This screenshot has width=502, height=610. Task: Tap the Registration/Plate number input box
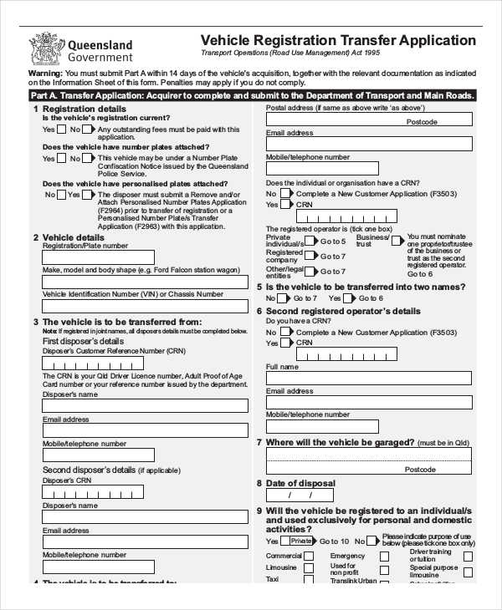pyautogui.click(x=98, y=257)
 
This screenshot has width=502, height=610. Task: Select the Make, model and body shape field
pyautogui.click(x=145, y=282)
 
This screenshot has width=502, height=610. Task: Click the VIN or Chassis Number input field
pyautogui.click(x=145, y=305)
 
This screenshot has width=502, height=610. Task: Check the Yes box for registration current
pyautogui.click(x=62, y=130)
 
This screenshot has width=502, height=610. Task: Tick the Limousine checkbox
pyautogui.click(x=310, y=567)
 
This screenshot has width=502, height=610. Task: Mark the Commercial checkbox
pyautogui.click(x=310, y=556)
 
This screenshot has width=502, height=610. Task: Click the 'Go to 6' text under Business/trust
pyautogui.click(x=420, y=274)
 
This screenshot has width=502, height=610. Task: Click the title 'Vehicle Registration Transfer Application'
pyautogui.click(x=339, y=40)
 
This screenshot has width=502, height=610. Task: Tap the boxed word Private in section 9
pyautogui.click(x=302, y=541)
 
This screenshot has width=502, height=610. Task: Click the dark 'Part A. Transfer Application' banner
pyautogui.click(x=251, y=96)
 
